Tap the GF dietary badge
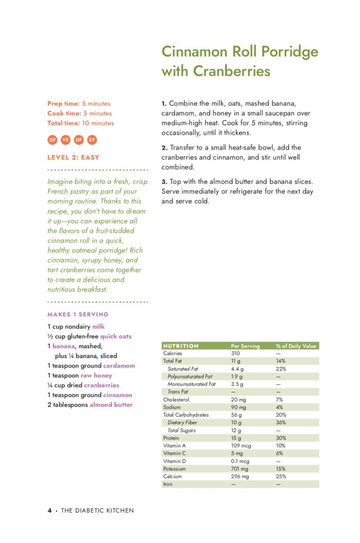(52, 140)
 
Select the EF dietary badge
(92, 140)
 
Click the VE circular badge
(66, 140)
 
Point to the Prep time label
(63, 103)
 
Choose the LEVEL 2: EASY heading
(73, 157)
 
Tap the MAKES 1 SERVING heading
(77, 314)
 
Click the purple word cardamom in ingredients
(119, 366)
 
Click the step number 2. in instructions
(164, 147)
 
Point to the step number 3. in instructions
(164, 182)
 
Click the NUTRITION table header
(181, 346)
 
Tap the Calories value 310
(236, 353)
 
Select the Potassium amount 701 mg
(240, 469)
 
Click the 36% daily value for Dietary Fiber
(280, 423)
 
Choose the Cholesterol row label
(176, 399)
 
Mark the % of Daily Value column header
(296, 346)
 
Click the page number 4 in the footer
(49, 511)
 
